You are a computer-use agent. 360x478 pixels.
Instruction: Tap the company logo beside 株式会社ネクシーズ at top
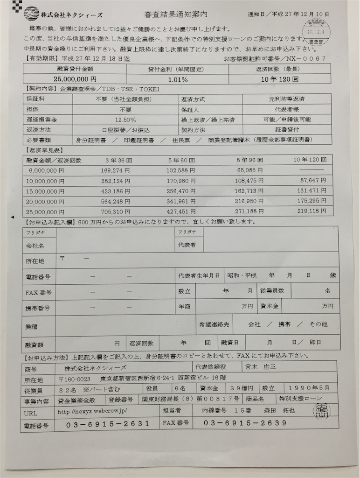click(31, 13)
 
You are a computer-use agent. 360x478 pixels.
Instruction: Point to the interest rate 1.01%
click(177, 79)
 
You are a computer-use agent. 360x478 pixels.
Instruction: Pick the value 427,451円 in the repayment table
click(181, 211)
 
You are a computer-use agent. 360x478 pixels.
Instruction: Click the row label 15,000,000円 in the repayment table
click(46, 191)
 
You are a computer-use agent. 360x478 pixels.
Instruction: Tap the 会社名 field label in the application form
click(35, 246)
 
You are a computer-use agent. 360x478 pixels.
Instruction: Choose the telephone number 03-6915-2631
click(109, 424)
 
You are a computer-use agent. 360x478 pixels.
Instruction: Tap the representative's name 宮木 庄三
click(262, 366)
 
